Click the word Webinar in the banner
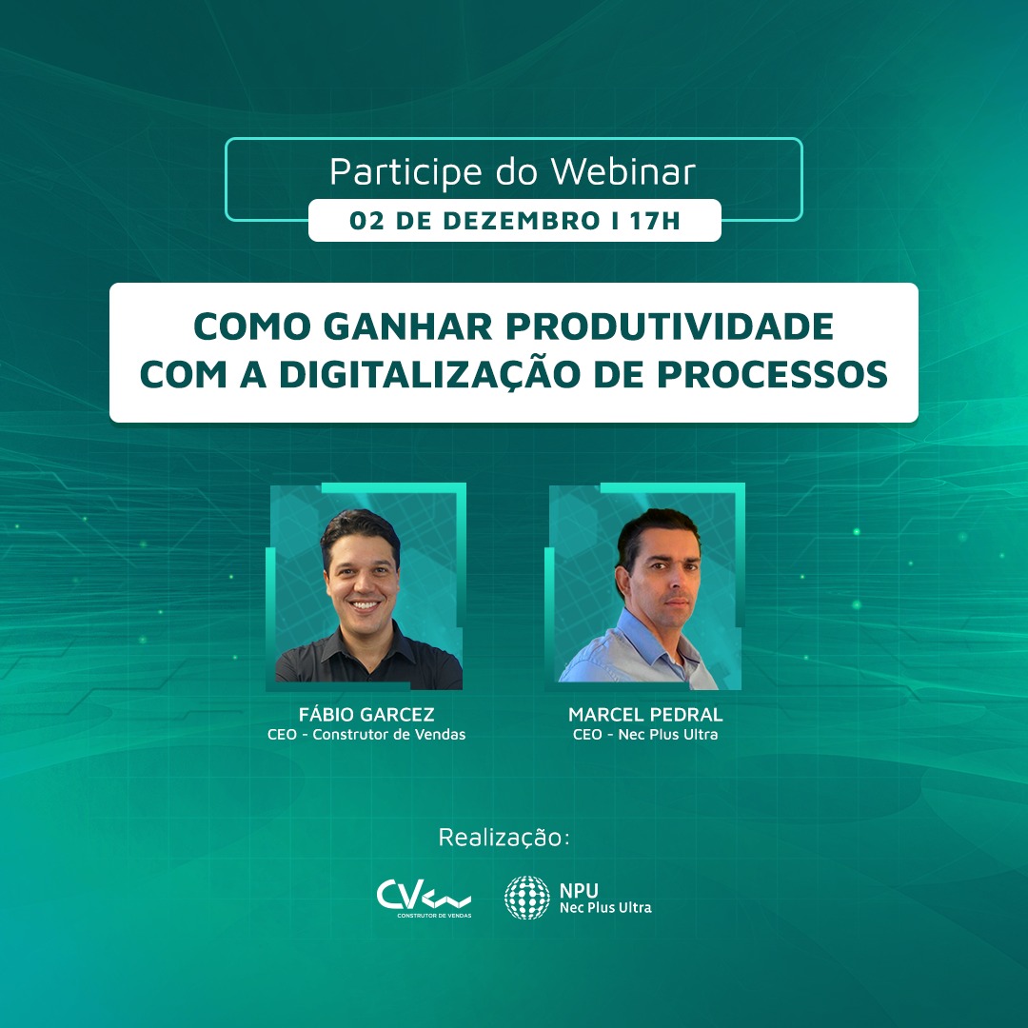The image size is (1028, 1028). click(x=623, y=171)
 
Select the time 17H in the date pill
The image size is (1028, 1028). click(x=655, y=221)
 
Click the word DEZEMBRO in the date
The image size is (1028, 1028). click(x=522, y=221)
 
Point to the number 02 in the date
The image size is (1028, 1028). click(x=366, y=221)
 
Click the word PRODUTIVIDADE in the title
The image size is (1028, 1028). click(x=669, y=326)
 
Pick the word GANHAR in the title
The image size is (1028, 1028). click(x=407, y=326)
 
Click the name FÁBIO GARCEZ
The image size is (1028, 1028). click(x=366, y=714)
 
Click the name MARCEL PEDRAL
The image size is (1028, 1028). click(x=645, y=715)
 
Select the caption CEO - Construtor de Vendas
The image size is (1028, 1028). click(x=366, y=734)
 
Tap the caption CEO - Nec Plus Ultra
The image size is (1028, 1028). click(x=645, y=734)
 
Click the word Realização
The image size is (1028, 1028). click(x=504, y=838)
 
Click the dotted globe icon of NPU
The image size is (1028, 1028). click(x=527, y=898)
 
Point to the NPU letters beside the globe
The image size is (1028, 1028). click(x=579, y=890)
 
